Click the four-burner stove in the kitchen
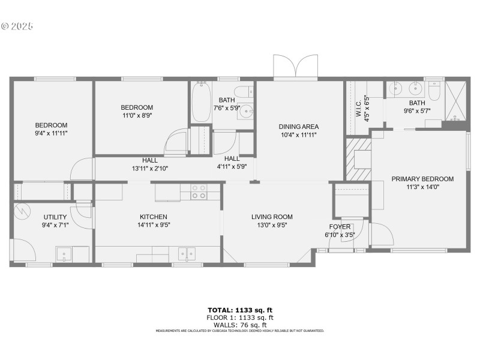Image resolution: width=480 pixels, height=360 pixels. [199, 192]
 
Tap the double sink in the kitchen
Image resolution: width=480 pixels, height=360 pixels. [187, 254]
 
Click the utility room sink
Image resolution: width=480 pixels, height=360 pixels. [65, 254]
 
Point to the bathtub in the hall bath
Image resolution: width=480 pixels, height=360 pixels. [200, 103]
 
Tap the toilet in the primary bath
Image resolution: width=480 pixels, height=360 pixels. [435, 91]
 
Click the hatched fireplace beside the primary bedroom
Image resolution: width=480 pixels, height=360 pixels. [353, 159]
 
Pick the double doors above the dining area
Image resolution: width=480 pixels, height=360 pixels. [295, 67]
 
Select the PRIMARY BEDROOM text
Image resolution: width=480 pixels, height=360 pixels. [422, 179]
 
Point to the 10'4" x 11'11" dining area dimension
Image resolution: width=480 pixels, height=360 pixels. [298, 135]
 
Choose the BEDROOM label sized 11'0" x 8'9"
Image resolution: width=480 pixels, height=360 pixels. [137, 107]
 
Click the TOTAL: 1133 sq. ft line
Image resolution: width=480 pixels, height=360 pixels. [240, 310]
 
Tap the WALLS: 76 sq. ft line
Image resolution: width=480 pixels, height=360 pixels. [240, 325]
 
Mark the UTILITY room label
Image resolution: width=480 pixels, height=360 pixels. [55, 217]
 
